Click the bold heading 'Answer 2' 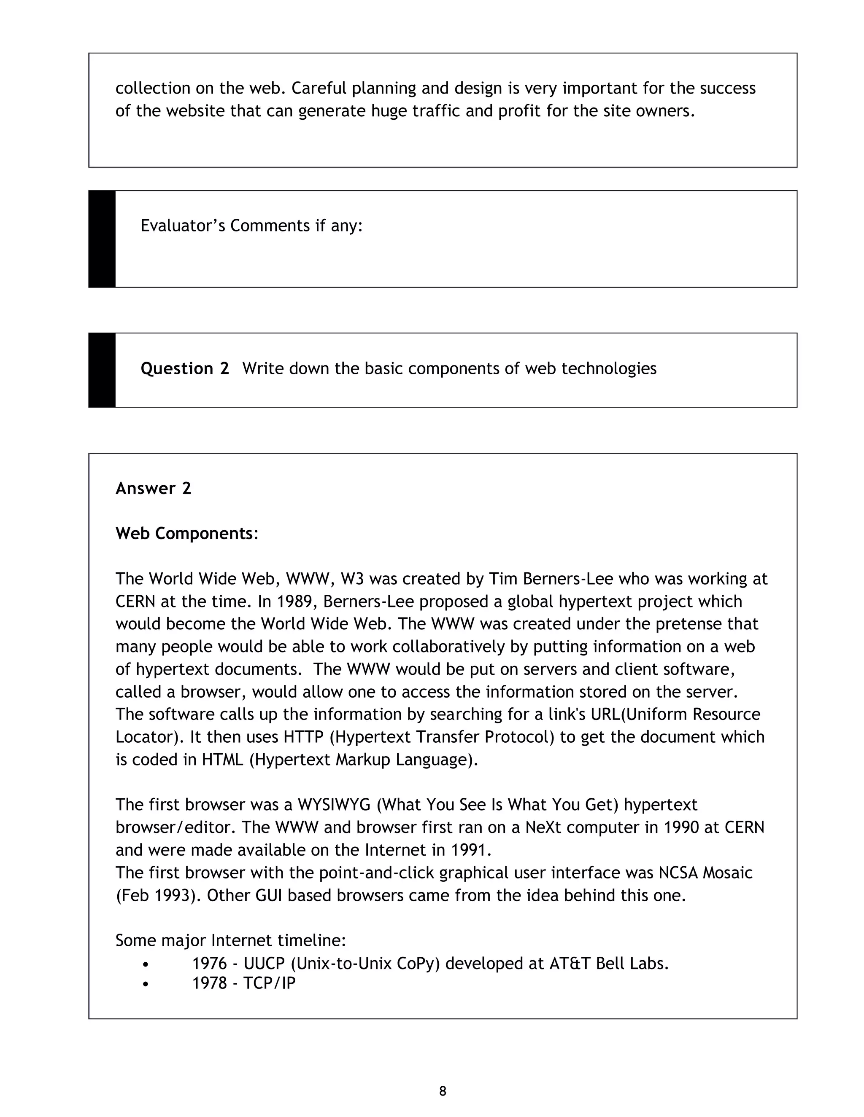coord(153,489)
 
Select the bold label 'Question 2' coord(185,368)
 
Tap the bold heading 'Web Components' coord(184,534)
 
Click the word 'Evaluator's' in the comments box coord(183,226)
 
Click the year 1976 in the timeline coord(209,964)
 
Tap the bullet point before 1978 coord(146,983)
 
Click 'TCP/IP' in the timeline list coord(269,983)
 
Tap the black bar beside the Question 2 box coord(102,370)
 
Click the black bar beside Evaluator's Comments coord(102,239)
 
